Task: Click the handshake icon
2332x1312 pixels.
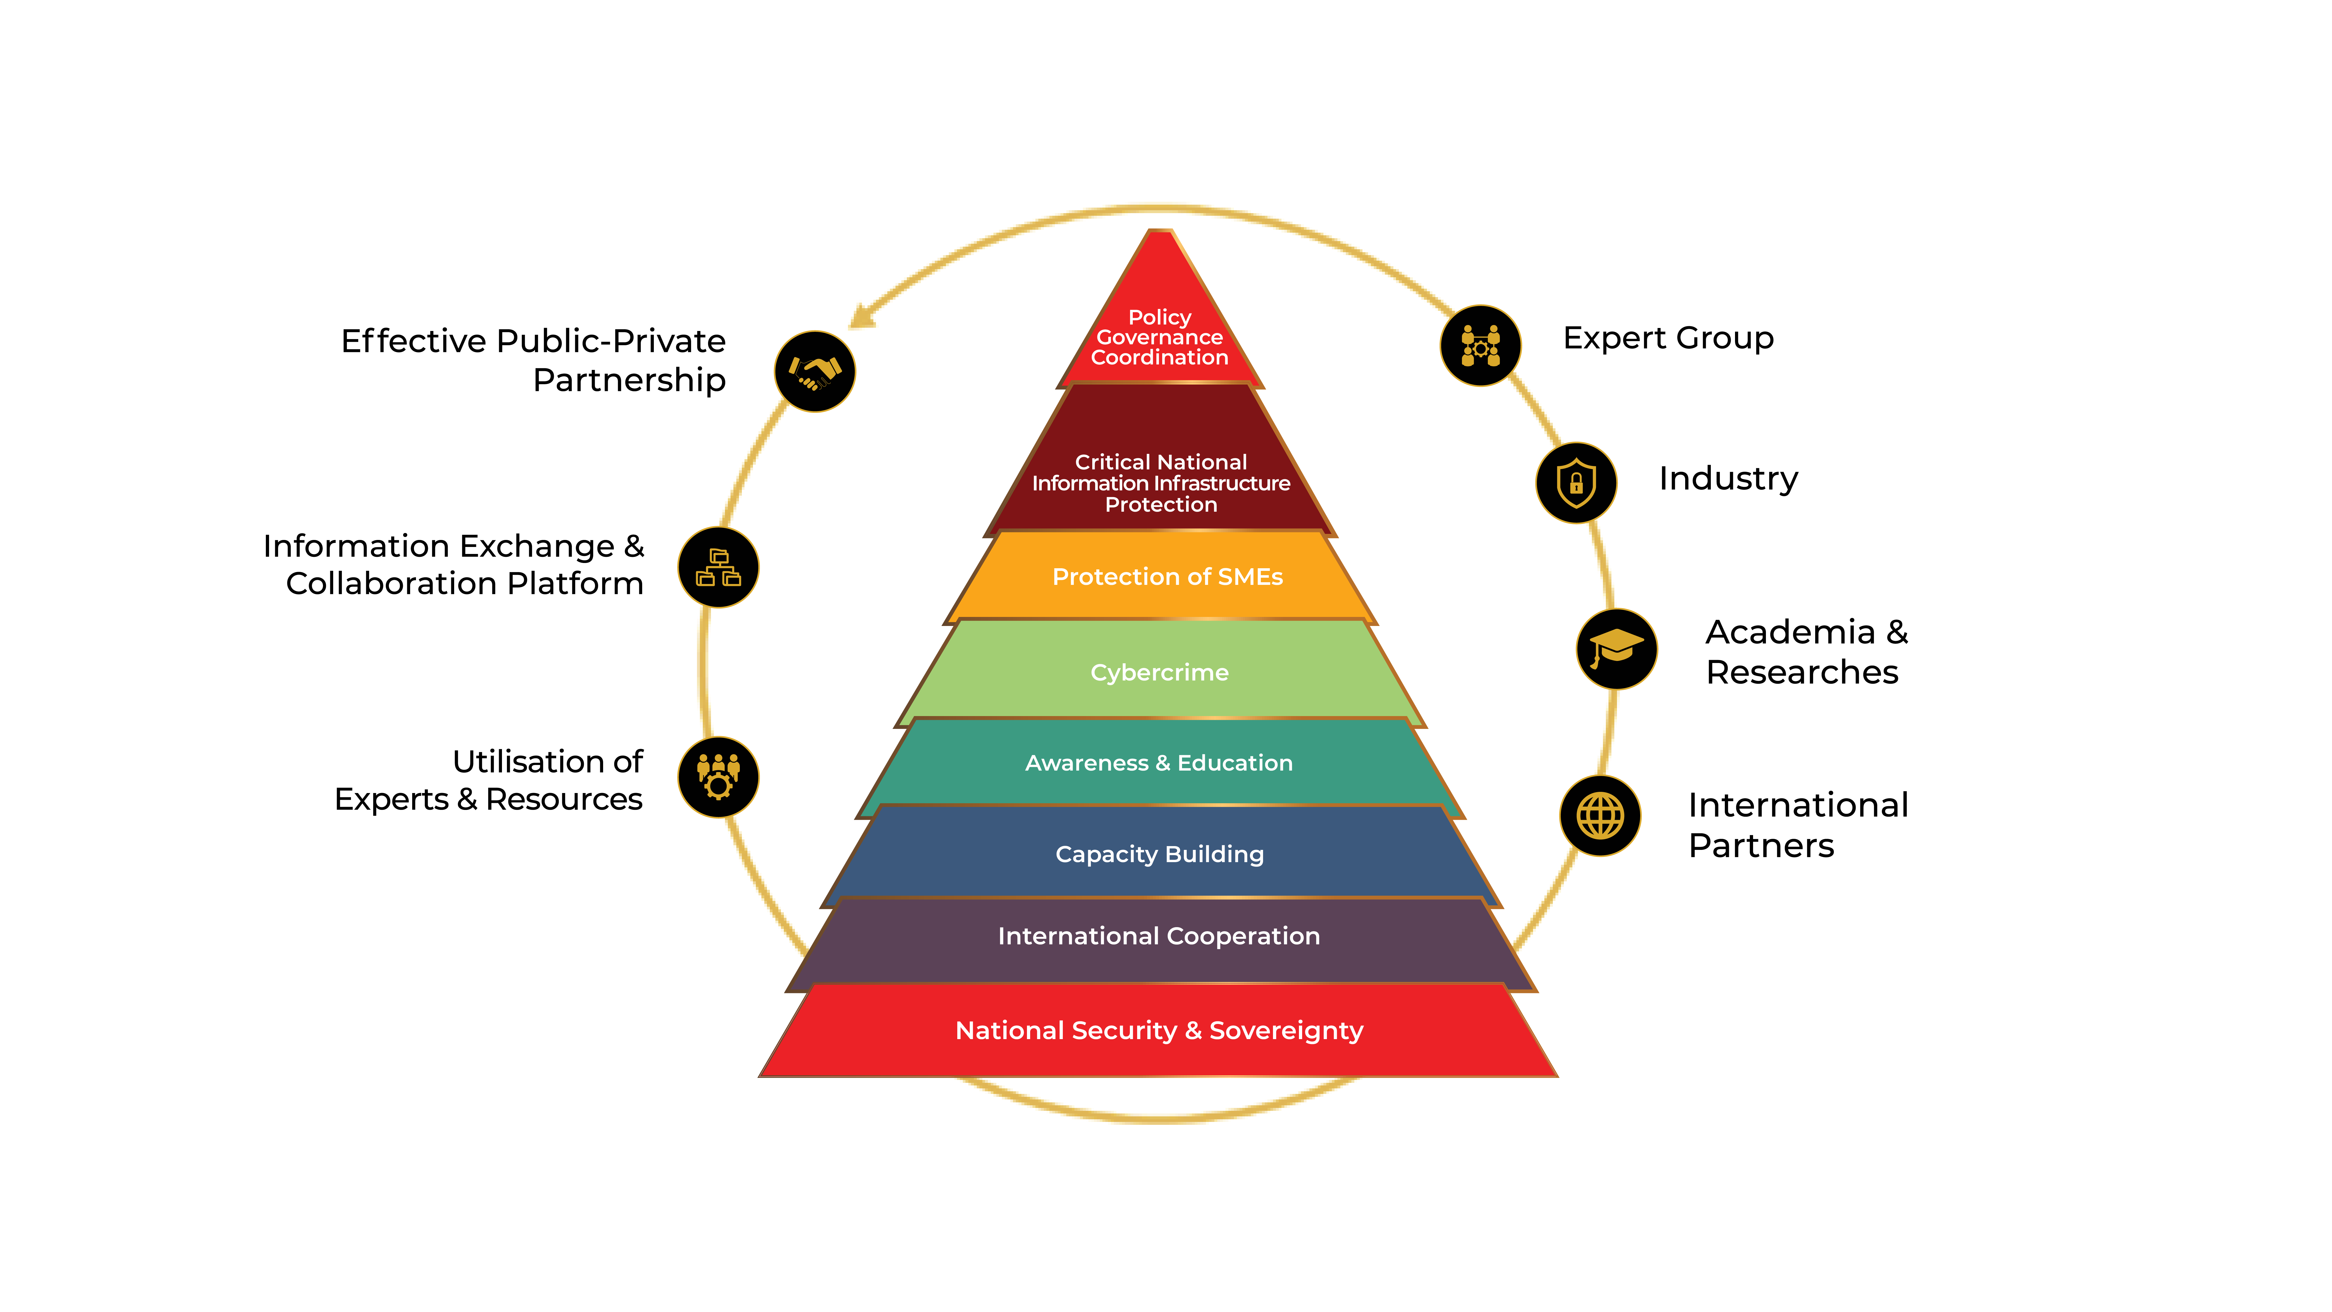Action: [x=815, y=371]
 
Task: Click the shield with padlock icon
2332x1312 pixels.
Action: [x=1576, y=483]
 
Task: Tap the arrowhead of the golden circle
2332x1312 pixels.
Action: [x=860, y=317]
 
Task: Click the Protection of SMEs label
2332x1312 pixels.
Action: [x=1167, y=577]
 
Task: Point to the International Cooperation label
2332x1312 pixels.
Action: [x=1159, y=936]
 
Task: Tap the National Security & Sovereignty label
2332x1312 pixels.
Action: [x=1159, y=1030]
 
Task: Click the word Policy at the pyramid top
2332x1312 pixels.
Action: [x=1160, y=317]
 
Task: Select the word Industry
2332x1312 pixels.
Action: [x=1727, y=478]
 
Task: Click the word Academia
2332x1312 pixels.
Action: [x=1790, y=632]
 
